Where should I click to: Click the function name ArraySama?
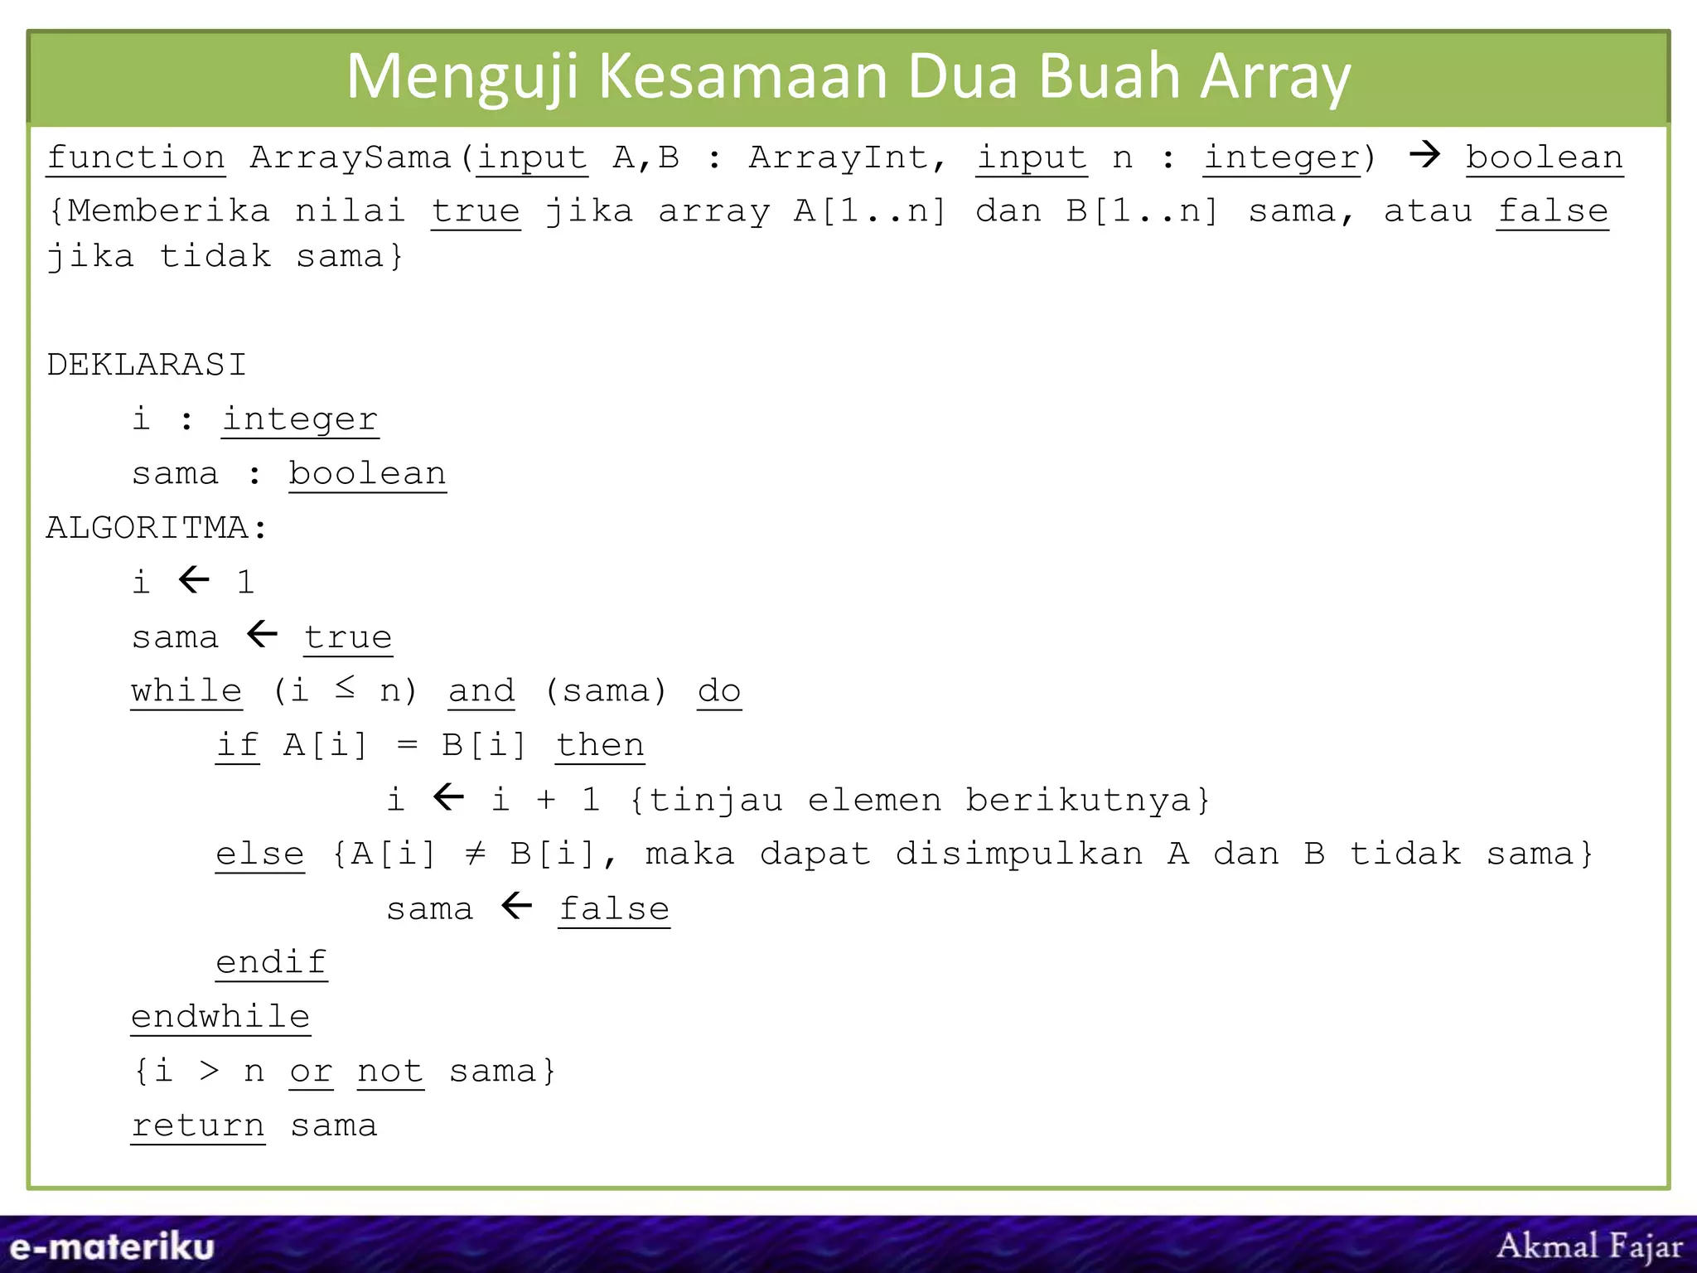point(350,157)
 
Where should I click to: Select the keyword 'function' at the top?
point(136,157)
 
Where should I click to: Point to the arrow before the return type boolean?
point(1424,154)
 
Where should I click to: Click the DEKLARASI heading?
point(147,365)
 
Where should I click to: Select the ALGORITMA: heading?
point(157,528)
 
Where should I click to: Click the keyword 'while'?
point(186,690)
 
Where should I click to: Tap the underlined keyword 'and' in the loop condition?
point(481,690)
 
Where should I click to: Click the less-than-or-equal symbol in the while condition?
point(346,686)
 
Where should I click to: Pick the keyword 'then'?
point(600,745)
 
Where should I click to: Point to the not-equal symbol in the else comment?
point(475,853)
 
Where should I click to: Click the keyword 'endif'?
point(271,962)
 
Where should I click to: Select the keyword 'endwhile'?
point(220,1017)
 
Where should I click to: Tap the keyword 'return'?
point(198,1125)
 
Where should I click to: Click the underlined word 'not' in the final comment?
point(390,1072)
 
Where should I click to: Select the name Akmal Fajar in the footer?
point(1589,1246)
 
